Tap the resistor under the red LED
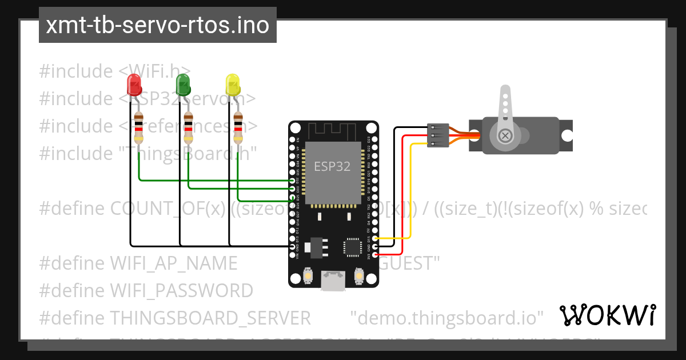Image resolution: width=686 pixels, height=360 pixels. tap(138, 128)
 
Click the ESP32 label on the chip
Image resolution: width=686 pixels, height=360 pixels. tap(332, 166)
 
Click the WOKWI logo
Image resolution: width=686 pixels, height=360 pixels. tap(607, 315)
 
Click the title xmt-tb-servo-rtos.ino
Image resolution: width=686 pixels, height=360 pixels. tap(157, 25)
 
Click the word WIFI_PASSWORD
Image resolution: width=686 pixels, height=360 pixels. tap(181, 291)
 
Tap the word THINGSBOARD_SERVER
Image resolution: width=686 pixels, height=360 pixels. tap(210, 317)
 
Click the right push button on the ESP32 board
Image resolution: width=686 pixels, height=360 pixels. tap(360, 276)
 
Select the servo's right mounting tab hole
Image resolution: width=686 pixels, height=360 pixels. tap(566, 135)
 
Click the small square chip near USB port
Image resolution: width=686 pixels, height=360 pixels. tap(352, 246)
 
